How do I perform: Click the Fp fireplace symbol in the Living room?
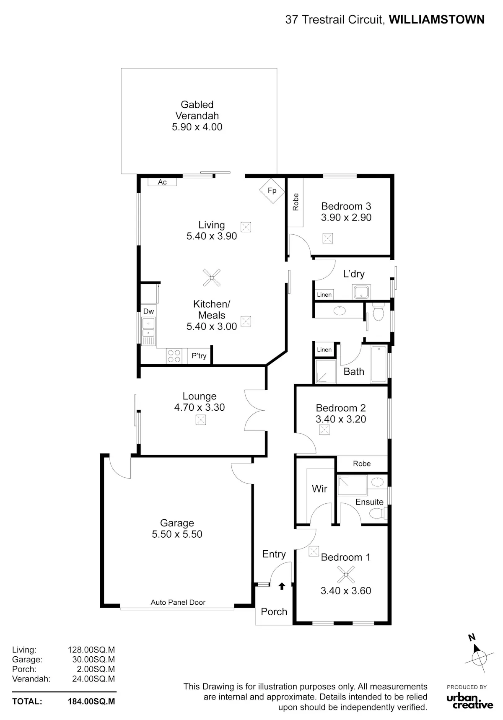[272, 191]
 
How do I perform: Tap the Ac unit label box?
[162, 182]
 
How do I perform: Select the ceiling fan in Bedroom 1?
[346, 574]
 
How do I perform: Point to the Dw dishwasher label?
[148, 311]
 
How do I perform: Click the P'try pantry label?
[199, 356]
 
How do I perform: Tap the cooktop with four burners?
[174, 356]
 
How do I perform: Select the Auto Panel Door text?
[178, 602]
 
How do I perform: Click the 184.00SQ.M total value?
[91, 701]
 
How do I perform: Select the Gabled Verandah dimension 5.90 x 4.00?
[197, 127]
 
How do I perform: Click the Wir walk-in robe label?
[319, 489]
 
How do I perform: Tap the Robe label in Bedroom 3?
[296, 202]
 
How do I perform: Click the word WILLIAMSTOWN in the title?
[437, 19]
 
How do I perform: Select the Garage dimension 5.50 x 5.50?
[177, 534]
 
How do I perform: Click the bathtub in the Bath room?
[379, 364]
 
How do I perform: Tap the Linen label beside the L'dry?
[324, 295]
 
